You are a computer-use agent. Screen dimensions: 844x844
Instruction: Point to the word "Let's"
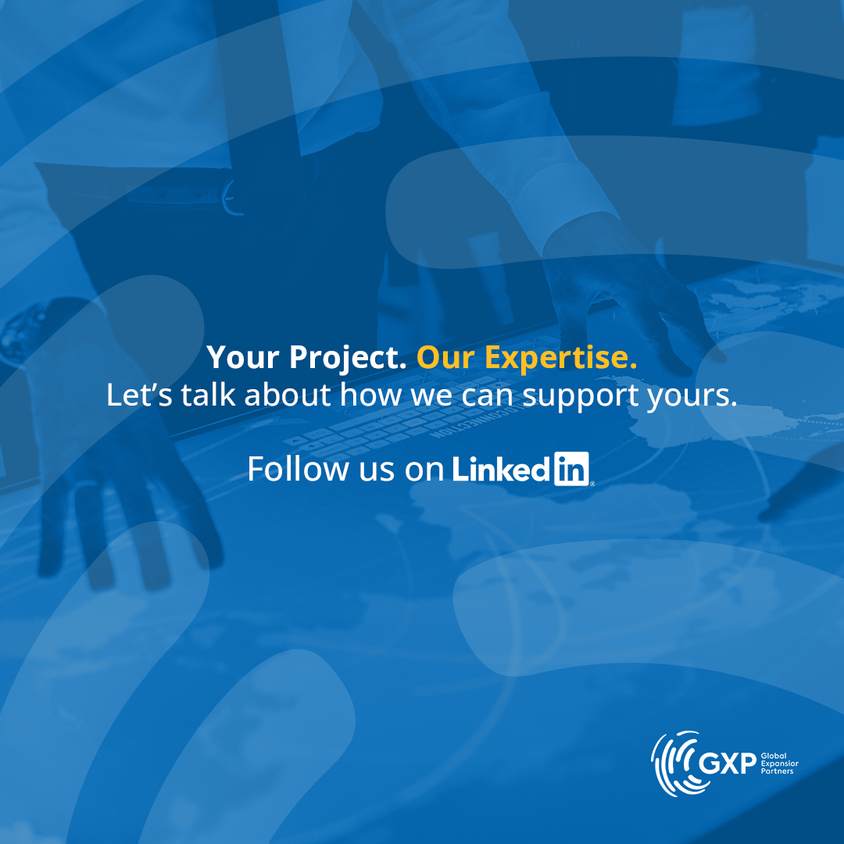pos(139,395)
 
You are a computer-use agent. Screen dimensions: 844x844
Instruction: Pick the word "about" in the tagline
pos(288,395)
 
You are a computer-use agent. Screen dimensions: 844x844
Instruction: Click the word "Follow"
pos(299,468)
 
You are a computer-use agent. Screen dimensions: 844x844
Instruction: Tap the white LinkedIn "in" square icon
pos(571,469)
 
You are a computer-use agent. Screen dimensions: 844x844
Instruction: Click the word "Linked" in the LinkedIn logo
pos(500,469)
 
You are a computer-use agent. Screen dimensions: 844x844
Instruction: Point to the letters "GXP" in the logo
pos(728,764)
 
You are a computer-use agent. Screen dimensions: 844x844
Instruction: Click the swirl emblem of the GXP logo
pos(674,764)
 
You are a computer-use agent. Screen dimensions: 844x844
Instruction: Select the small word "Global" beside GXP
pos(774,756)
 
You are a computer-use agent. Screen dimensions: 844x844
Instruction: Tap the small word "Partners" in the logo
pos(777,771)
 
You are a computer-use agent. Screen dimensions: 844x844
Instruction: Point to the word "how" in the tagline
pos(370,395)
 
